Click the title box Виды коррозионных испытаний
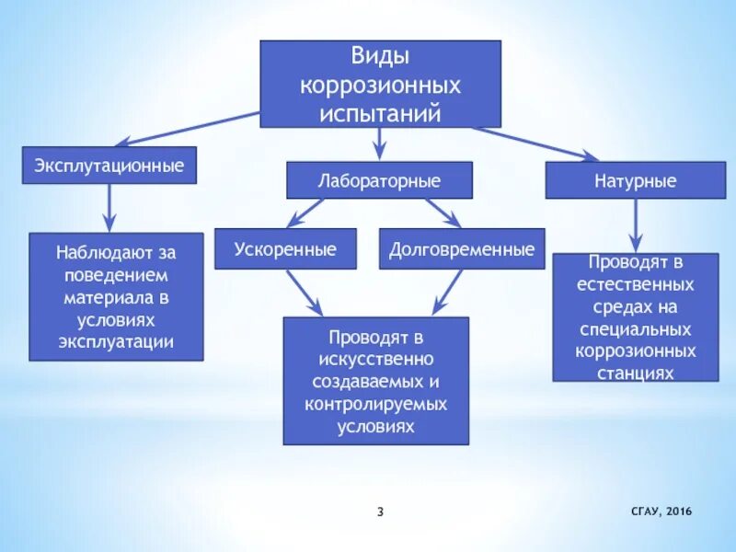pos(381,84)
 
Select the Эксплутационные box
pos(109,166)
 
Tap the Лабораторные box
pos(379,181)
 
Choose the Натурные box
pos(635,181)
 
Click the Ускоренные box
pos(285,249)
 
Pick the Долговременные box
pos(462,249)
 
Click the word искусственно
pos(375,357)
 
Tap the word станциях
pos(635,373)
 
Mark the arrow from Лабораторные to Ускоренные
pos(305,213)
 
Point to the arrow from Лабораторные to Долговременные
pos(443,213)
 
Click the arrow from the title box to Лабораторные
pos(379,144)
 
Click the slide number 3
pos(380,512)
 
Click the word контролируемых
pos(375,404)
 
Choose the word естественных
pos(635,284)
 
